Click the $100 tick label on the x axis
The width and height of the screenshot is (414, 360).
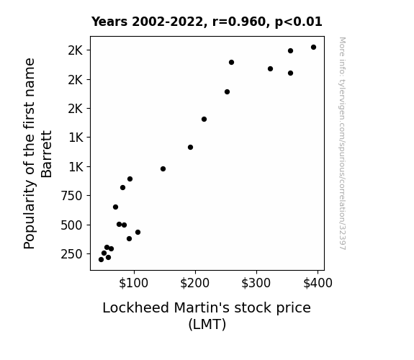click(134, 283)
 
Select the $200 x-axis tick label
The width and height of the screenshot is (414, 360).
click(195, 283)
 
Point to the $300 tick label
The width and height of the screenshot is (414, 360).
click(256, 283)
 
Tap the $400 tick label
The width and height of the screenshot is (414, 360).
click(318, 283)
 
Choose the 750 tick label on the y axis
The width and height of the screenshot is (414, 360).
click(72, 196)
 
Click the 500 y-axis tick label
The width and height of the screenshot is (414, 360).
click(72, 225)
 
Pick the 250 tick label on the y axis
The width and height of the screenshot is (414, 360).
click(72, 254)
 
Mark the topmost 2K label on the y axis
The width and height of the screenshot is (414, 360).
click(76, 50)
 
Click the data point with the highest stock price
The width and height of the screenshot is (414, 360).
click(313, 48)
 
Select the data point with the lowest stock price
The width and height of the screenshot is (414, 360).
click(101, 260)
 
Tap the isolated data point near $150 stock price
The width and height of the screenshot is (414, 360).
click(163, 168)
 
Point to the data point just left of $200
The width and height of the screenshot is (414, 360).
click(190, 147)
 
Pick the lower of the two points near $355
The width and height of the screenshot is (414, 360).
click(290, 73)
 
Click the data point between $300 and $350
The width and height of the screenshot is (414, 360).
click(270, 68)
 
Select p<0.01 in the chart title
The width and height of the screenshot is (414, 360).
click(299, 22)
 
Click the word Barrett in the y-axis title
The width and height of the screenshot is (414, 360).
click(47, 154)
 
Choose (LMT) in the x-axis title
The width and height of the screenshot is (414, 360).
click(207, 324)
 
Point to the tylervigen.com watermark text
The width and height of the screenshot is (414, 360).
click(342, 143)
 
